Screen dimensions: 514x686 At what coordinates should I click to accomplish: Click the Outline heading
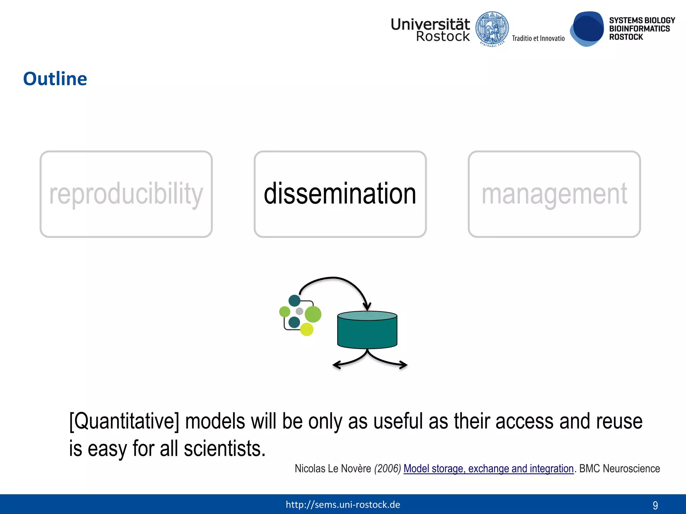(55, 79)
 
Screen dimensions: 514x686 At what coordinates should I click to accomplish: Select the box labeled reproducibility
(126, 194)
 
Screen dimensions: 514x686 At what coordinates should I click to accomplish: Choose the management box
(554, 194)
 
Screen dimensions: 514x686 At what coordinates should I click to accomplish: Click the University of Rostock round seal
(492, 29)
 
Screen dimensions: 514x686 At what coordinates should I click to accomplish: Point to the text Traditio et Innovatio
(538, 38)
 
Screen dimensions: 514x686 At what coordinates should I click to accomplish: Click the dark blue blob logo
(587, 29)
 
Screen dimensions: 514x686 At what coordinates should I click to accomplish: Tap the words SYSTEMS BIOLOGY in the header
(642, 20)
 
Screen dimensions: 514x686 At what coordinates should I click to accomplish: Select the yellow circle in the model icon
(306, 329)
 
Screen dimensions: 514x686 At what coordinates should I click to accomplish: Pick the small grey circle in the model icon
(299, 311)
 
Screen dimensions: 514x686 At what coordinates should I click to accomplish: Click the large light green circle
(313, 314)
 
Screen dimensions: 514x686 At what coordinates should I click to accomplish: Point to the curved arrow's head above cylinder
(367, 306)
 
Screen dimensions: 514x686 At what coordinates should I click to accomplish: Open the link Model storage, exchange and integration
(488, 468)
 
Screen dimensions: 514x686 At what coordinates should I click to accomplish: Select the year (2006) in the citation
(388, 468)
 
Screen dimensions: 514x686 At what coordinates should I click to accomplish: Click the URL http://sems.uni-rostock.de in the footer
(343, 504)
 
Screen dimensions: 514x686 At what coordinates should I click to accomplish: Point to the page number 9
(655, 505)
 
